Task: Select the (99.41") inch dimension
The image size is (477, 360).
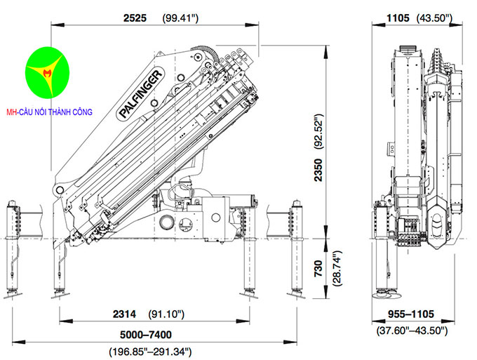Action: (x=180, y=18)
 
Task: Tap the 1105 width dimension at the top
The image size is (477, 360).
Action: (x=397, y=18)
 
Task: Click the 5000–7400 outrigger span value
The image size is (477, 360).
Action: (x=145, y=334)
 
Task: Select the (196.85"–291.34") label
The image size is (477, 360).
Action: (x=149, y=350)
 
